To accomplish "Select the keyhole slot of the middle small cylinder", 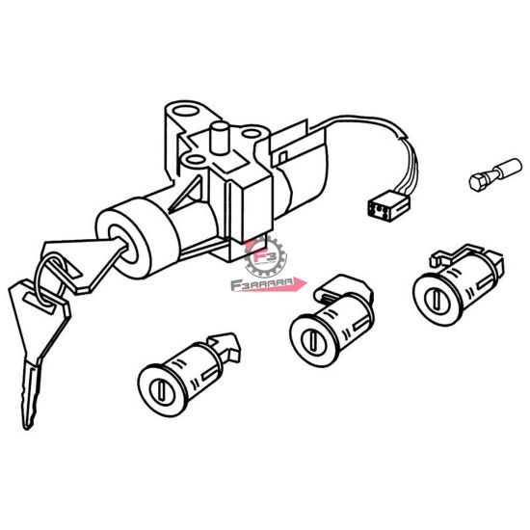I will click(311, 341).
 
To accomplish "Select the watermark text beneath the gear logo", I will click(265, 284).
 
